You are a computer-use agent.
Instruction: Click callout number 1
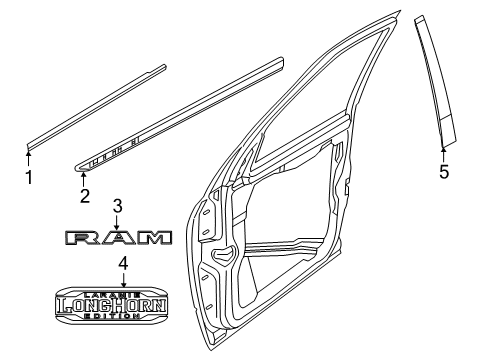click(x=29, y=179)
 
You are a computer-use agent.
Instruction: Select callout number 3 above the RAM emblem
click(x=117, y=206)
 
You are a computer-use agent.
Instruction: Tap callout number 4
click(x=122, y=264)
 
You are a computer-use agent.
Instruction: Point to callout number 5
click(x=444, y=172)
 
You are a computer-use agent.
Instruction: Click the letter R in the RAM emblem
click(x=78, y=237)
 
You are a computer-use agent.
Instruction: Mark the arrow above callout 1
click(x=29, y=154)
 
